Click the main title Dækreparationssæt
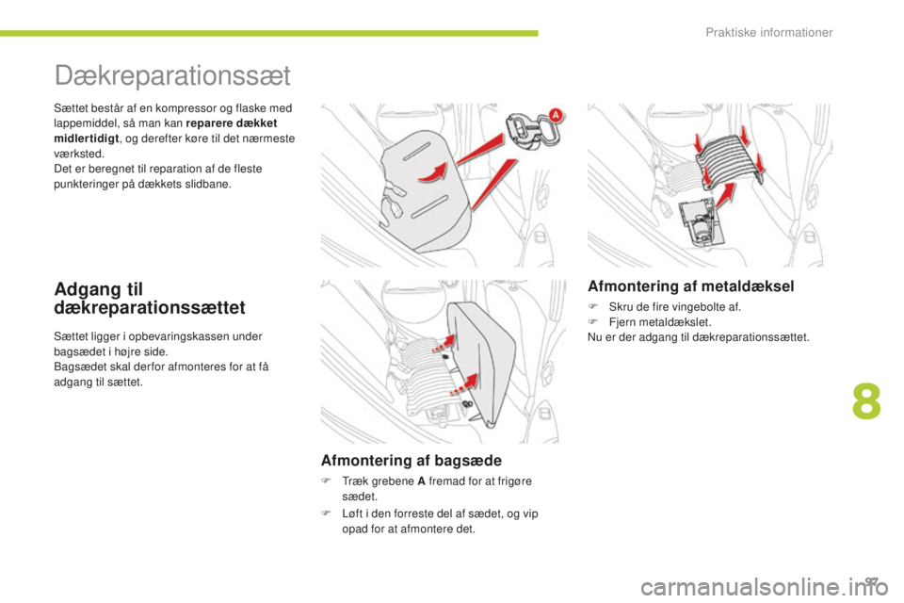click(172, 75)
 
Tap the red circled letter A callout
click(556, 115)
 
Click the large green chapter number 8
click(866, 401)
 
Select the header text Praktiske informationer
click(769, 32)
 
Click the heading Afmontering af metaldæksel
click(690, 286)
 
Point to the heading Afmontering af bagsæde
click(412, 461)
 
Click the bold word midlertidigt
click(86, 139)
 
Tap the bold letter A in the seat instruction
click(421, 481)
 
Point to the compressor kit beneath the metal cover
click(698, 222)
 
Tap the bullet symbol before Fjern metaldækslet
click(591, 322)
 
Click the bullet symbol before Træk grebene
click(325, 481)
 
